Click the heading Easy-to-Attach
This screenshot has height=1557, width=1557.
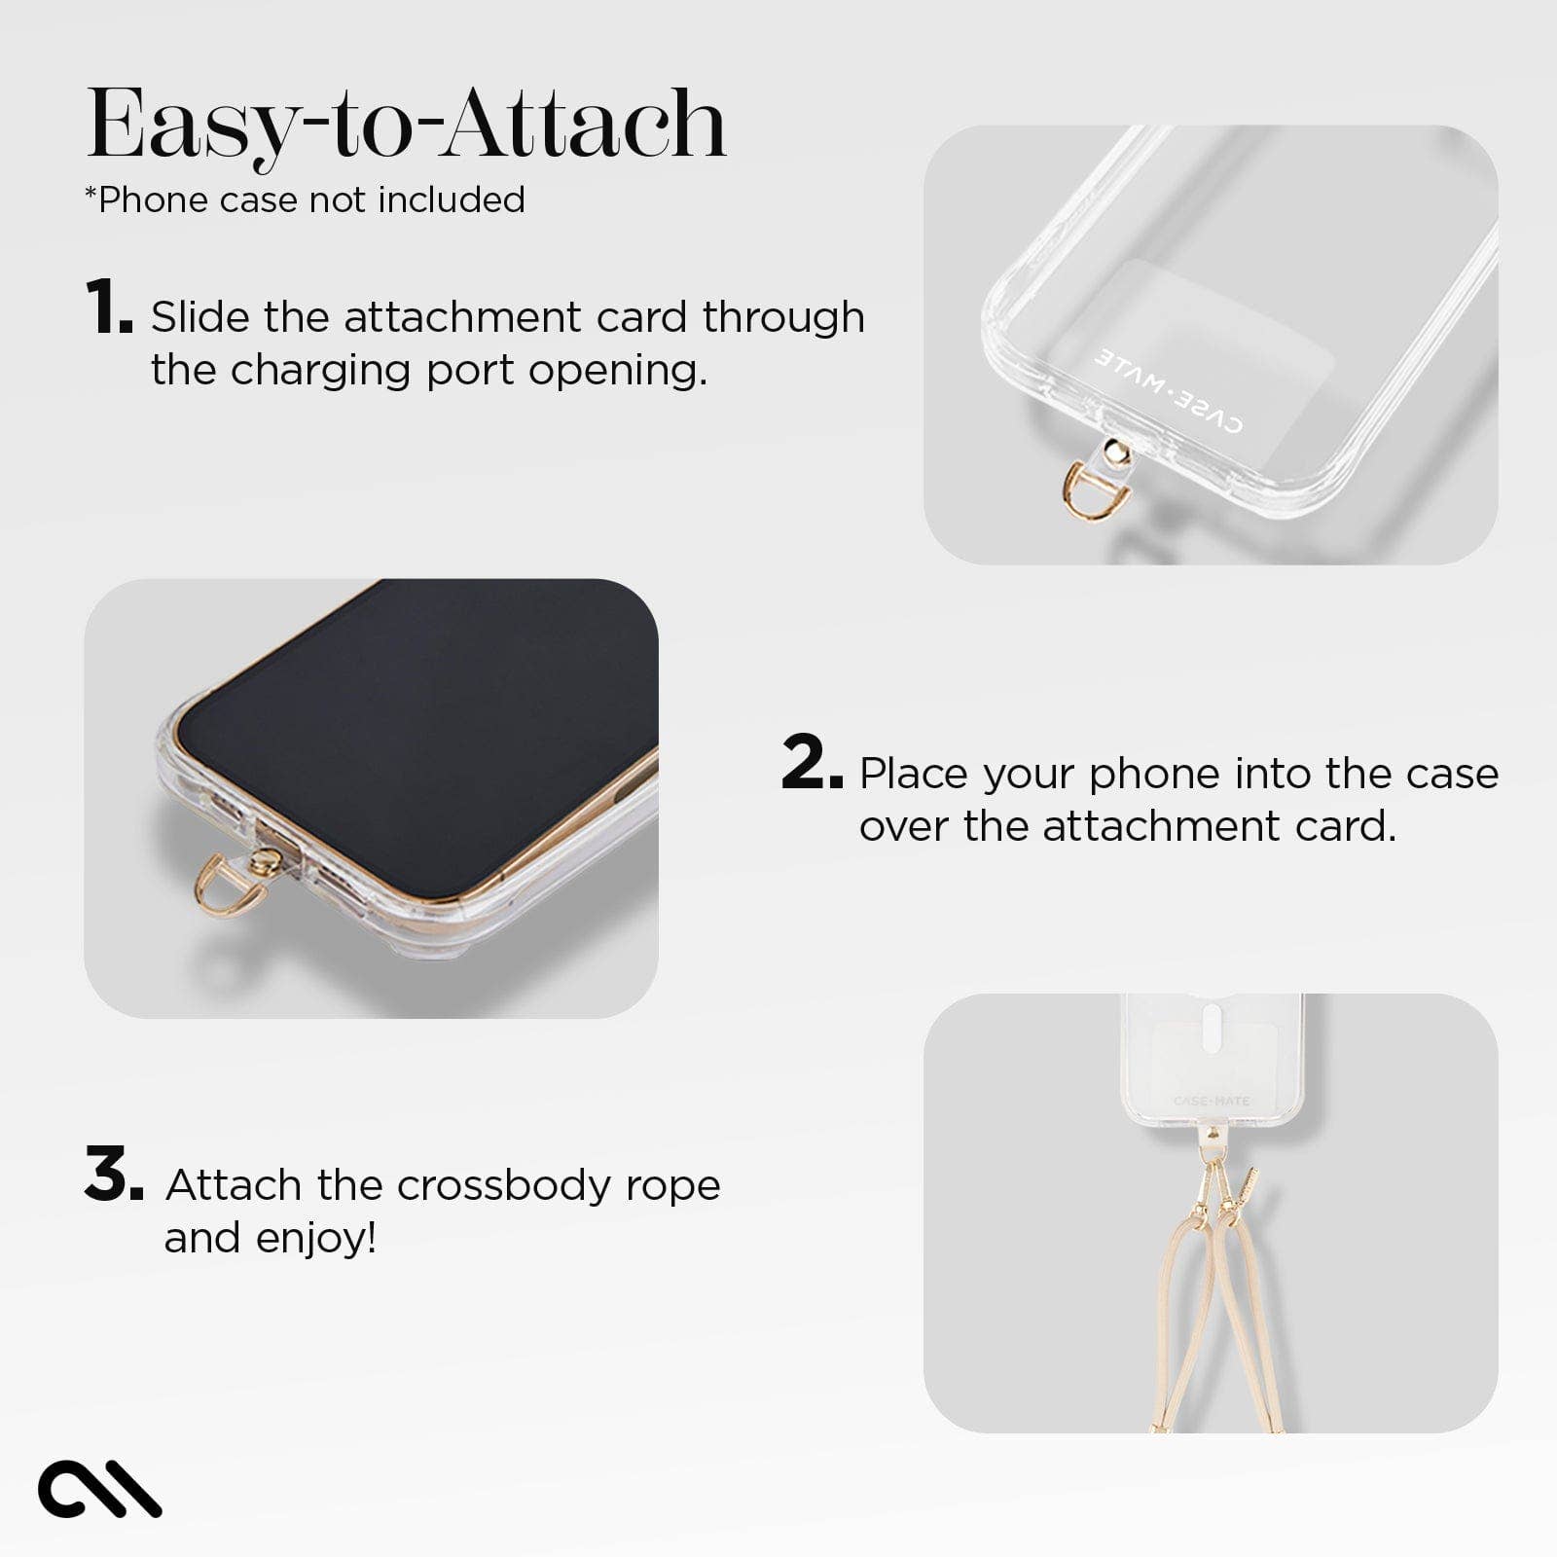(407, 125)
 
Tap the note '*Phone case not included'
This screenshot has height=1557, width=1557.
(305, 199)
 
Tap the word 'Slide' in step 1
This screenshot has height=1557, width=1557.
(199, 317)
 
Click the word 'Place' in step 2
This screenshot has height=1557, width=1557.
(916, 774)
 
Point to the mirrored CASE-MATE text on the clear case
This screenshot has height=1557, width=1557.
(1168, 389)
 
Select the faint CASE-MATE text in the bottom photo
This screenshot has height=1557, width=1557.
(1211, 1101)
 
